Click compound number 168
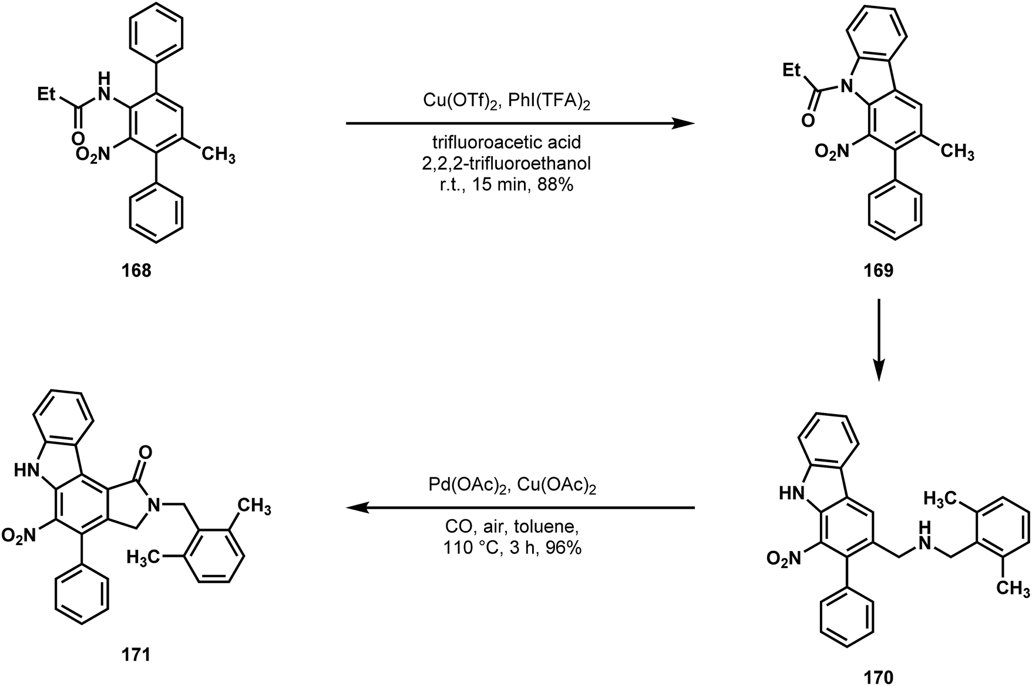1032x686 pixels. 136,271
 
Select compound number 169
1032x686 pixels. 878,271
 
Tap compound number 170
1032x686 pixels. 878,678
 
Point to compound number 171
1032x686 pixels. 136,654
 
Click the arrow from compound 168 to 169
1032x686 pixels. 520,124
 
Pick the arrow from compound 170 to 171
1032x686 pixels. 520,507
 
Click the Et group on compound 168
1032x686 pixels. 50,94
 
